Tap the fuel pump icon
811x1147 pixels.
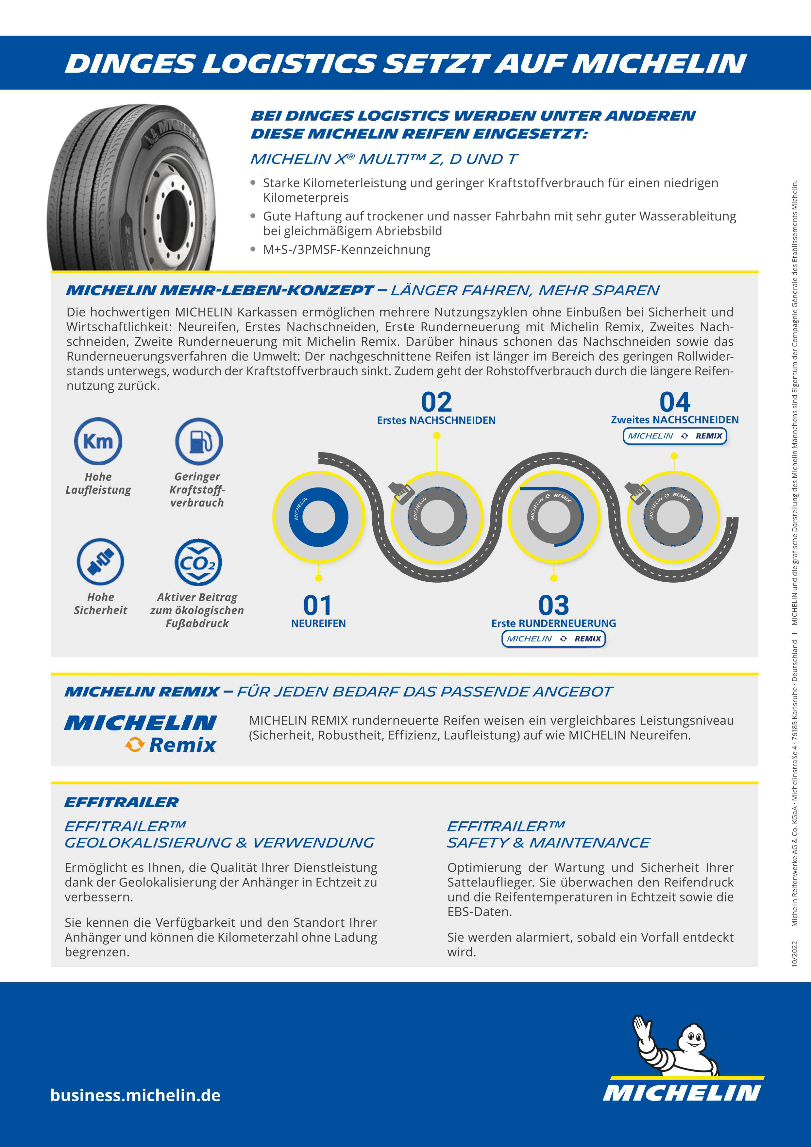pos(199,441)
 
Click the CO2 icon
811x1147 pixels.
pos(198,562)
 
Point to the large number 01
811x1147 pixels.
pos(318,606)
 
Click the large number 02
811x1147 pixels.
pos(436,402)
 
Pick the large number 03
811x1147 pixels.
pos(553,606)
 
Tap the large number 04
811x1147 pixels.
pos(675,402)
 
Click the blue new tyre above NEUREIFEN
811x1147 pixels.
pos(319,517)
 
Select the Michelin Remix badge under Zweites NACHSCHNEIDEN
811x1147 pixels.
pos(675,436)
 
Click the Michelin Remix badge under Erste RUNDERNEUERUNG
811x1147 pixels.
pos(553,639)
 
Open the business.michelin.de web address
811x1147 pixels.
pos(135,1095)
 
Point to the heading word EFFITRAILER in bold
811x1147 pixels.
pos(121,802)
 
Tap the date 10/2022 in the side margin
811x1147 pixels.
pos(795,954)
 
